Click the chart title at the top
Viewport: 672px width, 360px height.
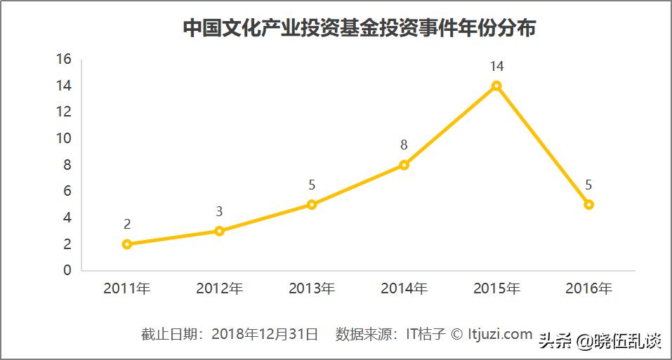tap(360, 28)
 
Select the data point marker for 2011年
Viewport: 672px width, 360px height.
tap(127, 244)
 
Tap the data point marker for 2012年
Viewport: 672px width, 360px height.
tap(220, 231)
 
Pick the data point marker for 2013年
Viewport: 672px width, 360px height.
tap(312, 204)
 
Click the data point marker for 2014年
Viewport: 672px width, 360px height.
tap(404, 165)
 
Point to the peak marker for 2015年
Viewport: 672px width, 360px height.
tap(496, 86)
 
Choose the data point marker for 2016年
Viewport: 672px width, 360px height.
tap(589, 204)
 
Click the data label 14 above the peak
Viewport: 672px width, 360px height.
tap(496, 67)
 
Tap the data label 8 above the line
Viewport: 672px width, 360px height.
tap(404, 146)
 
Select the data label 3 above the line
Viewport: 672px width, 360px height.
tap(220, 212)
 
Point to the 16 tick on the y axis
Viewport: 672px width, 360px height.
tap(64, 59)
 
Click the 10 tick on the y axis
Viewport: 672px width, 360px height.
tap(64, 138)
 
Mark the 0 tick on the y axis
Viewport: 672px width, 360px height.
tap(67, 270)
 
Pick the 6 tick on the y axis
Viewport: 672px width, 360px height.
tap(67, 191)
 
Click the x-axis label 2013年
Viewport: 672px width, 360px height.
tap(312, 288)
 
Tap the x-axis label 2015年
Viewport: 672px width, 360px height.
tap(496, 288)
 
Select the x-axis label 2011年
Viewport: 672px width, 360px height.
tap(127, 288)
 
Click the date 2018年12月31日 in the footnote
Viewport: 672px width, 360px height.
tap(265, 334)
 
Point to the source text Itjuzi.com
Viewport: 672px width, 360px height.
tap(500, 334)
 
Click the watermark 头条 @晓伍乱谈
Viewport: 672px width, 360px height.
tap(600, 342)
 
